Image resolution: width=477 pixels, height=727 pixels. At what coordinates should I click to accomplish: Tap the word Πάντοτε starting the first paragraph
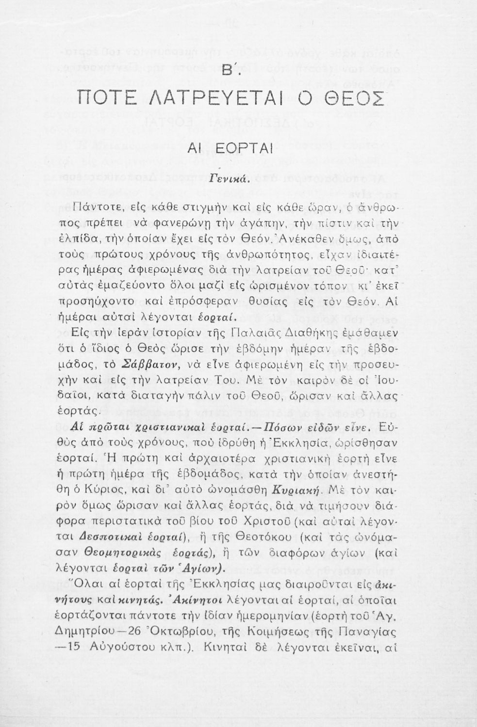coord(98,210)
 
